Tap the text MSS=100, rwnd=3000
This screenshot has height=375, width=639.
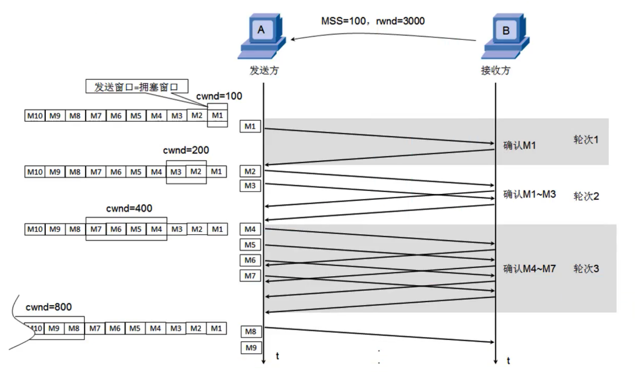pos(372,21)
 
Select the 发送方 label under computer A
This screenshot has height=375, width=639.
pos(264,70)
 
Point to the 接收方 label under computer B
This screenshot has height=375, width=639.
pos(496,70)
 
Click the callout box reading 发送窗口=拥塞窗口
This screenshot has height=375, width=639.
pos(135,87)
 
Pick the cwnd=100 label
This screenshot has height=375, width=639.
pos(219,96)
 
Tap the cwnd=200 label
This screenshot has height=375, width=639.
pos(186,150)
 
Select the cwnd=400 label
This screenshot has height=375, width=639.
pos(129,209)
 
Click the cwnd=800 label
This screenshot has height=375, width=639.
pos(49,307)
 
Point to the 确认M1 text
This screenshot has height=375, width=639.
pos(519,146)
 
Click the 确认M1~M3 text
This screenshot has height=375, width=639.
pos(530,194)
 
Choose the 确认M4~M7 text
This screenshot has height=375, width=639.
pos(530,269)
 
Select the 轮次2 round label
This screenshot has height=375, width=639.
pos(586,196)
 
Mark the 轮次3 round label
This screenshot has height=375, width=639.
pos(586,269)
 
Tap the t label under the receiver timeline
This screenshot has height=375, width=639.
pos(508,361)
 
